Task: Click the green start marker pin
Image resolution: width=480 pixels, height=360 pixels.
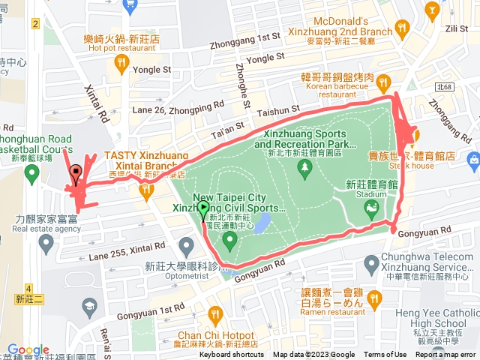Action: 204,211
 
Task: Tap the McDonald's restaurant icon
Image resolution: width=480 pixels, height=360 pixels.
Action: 402,27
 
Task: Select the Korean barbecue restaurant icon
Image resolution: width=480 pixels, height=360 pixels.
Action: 383,81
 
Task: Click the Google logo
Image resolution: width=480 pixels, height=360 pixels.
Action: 28,350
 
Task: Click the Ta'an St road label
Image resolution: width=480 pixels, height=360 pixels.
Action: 228,129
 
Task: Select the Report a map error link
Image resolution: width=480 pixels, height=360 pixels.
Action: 445,355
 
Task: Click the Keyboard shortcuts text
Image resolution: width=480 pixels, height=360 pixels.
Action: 232,355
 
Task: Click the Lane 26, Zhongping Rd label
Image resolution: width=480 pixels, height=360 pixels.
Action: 178,111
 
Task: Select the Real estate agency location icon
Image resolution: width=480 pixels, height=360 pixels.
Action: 46,242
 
